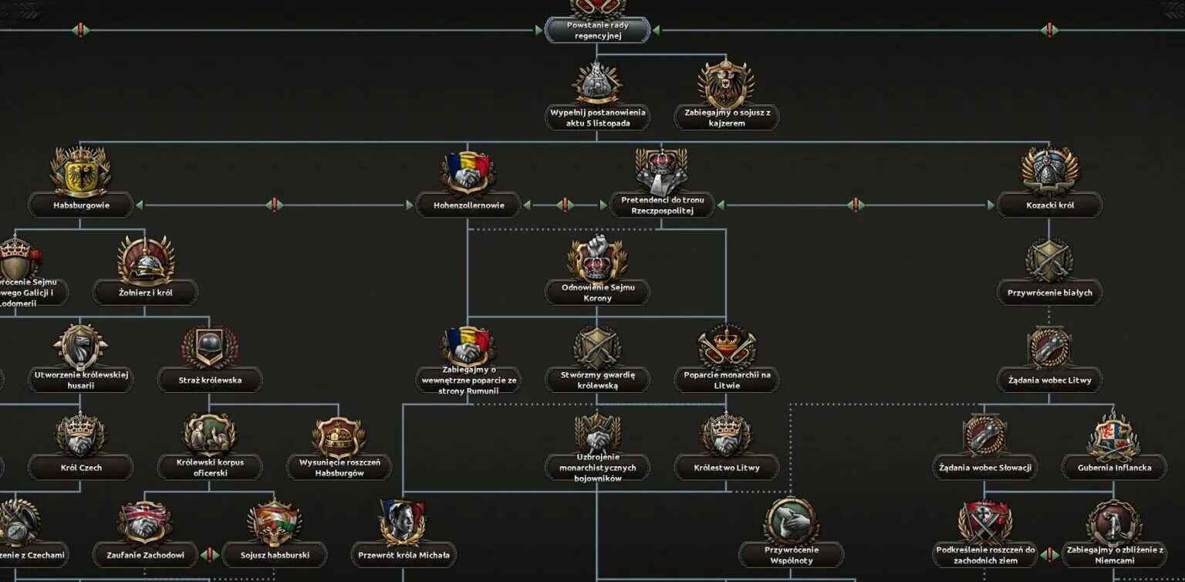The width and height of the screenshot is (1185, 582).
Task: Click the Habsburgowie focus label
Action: [x=81, y=205]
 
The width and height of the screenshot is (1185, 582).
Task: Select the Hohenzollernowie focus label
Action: [x=468, y=205]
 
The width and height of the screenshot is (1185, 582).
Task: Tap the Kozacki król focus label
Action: [x=1049, y=205]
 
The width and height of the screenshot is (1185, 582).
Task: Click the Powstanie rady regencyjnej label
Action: [x=597, y=30]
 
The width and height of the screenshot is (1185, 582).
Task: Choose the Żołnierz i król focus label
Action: [x=145, y=293]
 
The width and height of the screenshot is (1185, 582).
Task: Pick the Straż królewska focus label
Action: [x=210, y=380]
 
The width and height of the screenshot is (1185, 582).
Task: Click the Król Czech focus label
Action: [x=81, y=467]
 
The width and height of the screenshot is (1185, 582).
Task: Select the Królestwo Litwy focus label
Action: [x=727, y=467]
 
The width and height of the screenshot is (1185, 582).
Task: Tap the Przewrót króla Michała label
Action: [x=403, y=554]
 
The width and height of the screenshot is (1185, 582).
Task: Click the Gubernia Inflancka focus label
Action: [x=1114, y=467]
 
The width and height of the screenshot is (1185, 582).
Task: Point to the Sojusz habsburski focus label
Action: [x=275, y=554]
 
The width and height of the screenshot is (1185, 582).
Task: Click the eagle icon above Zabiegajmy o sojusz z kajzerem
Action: [x=726, y=83]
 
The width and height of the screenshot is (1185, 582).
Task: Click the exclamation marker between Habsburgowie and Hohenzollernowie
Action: [x=273, y=205]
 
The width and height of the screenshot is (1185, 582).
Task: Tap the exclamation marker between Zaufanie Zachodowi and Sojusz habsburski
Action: [x=210, y=554]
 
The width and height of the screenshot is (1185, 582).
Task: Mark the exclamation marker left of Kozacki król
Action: [x=855, y=205]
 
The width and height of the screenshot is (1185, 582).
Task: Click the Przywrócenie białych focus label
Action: [x=1049, y=293]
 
